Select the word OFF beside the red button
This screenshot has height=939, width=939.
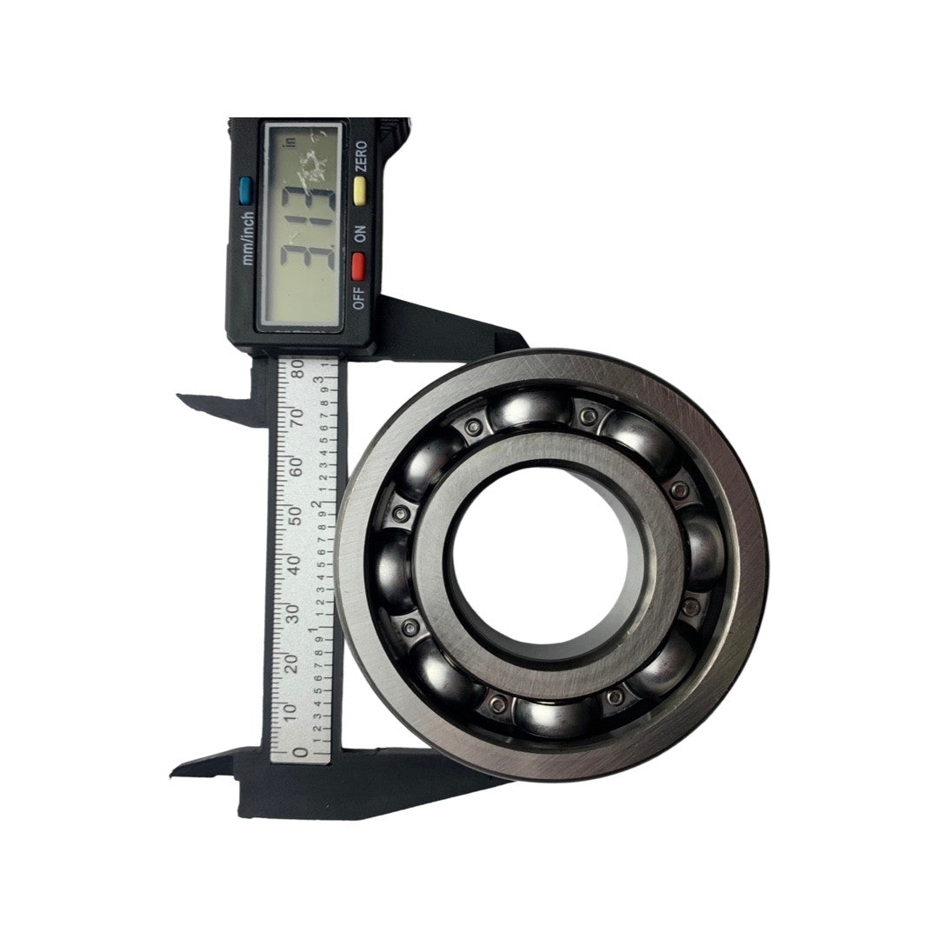click(360, 298)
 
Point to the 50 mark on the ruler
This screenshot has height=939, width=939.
click(298, 515)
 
